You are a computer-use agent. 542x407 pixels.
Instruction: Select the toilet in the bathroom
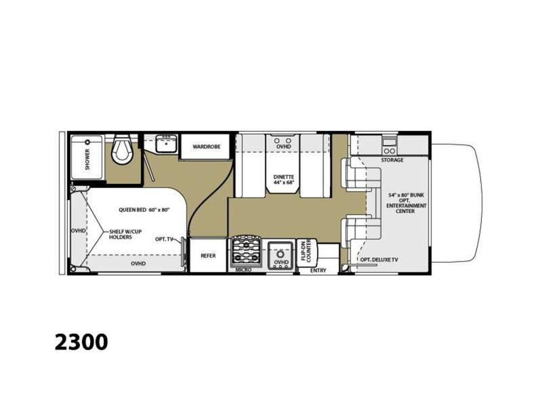click(x=123, y=149)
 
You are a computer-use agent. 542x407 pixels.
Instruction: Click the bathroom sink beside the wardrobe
click(x=165, y=144)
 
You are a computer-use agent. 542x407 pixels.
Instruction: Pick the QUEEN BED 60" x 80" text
click(x=144, y=210)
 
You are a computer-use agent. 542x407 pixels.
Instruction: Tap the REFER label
click(x=207, y=256)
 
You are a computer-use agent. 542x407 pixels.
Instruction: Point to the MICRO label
click(x=243, y=271)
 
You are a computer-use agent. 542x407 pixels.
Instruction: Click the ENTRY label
click(x=318, y=271)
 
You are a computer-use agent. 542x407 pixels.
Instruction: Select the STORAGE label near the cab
click(x=392, y=160)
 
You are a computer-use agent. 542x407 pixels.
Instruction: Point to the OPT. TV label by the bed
click(x=164, y=239)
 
